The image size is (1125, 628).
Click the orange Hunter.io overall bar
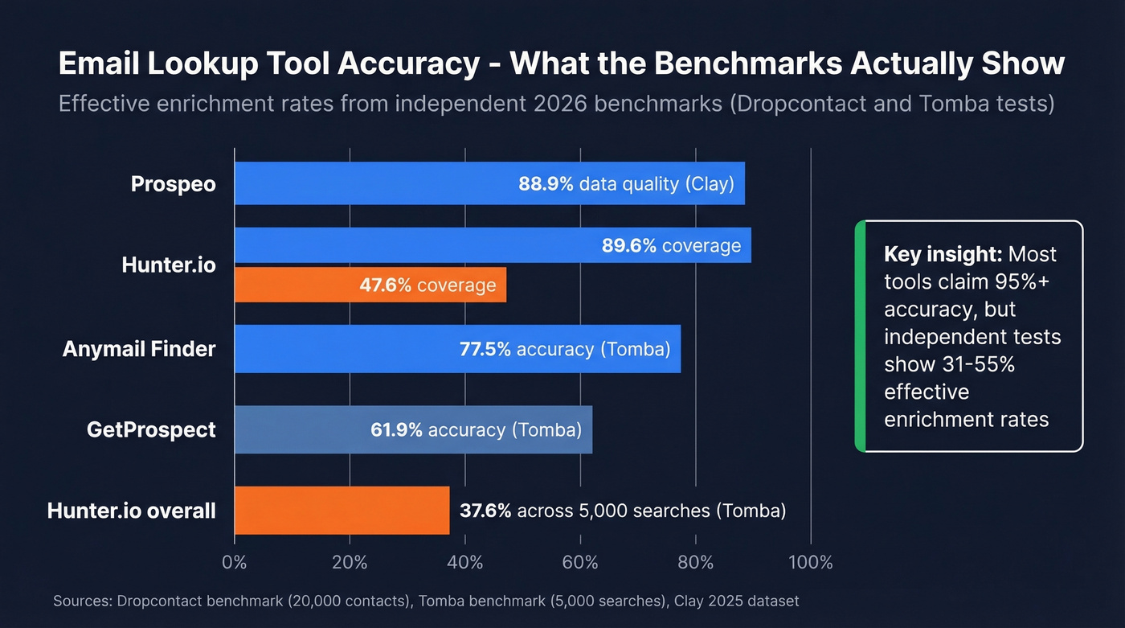tap(342, 510)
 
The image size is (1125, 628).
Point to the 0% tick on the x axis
tap(234, 562)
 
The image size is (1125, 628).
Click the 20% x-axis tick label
tap(350, 562)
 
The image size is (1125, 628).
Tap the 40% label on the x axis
tap(464, 562)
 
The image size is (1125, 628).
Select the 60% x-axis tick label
tap(580, 562)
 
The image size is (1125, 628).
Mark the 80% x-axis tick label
tap(695, 562)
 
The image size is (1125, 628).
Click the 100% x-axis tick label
tap(810, 562)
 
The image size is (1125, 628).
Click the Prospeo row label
tap(174, 184)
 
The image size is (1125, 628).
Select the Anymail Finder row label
tap(139, 349)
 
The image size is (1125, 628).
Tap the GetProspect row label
tap(151, 429)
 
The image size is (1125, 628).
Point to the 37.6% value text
tap(485, 511)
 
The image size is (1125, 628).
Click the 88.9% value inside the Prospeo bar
tap(546, 184)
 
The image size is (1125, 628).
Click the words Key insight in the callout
tap(943, 255)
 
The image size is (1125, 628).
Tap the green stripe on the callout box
tap(860, 335)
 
